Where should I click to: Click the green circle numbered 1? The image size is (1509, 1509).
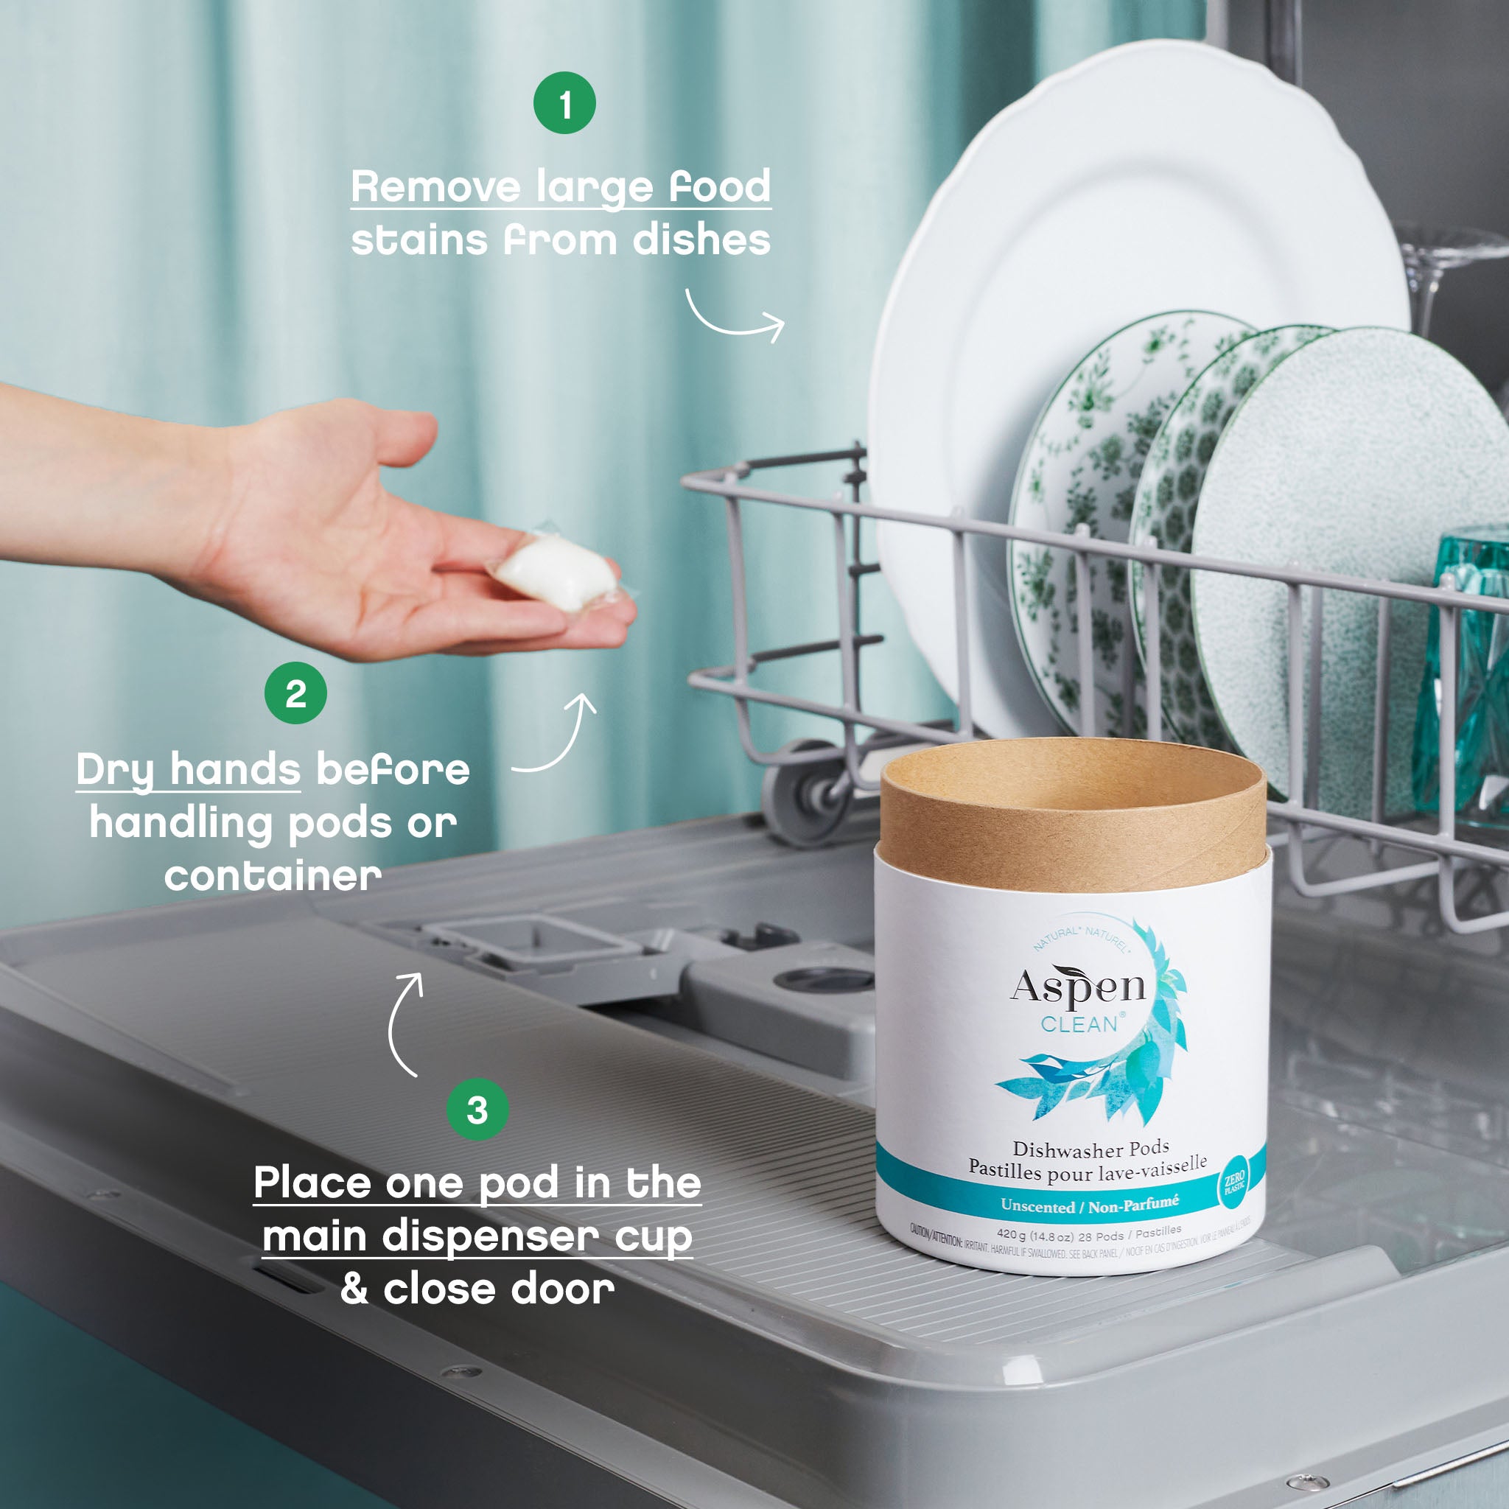pos(564,103)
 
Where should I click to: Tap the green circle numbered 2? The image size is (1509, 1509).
pos(295,693)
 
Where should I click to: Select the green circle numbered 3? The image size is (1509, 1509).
pos(477,1109)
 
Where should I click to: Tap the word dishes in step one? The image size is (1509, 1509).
pos(701,239)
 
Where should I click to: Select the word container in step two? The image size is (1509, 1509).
pos(273,876)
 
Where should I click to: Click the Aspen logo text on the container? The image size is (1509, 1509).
pos(1078,988)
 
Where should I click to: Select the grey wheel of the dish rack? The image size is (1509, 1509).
pos(804,794)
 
